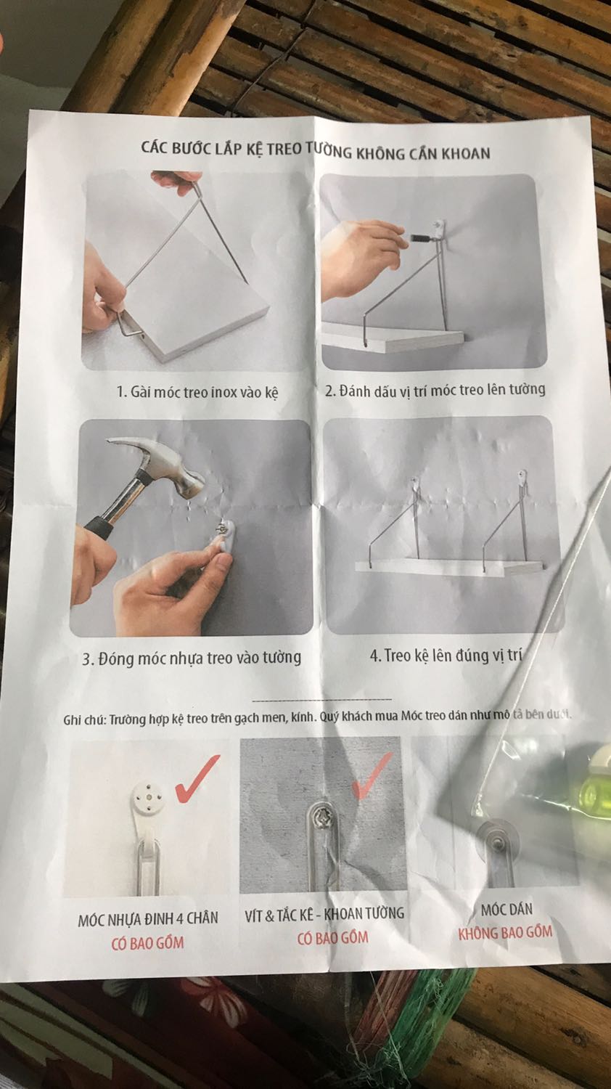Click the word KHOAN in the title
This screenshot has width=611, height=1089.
point(464,153)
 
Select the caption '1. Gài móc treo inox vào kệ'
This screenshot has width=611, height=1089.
point(197,392)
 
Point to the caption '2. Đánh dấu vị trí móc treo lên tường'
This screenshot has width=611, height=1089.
point(435,390)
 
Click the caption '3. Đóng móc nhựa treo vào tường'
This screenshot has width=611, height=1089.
point(192,658)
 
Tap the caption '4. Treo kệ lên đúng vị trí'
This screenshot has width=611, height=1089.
point(446,656)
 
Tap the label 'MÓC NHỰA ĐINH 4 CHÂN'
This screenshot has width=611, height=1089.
point(148,918)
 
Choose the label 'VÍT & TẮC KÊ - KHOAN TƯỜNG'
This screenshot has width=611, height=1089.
point(324,914)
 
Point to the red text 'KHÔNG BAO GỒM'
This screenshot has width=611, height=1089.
point(505,932)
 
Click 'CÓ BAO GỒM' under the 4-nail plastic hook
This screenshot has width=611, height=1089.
point(148,942)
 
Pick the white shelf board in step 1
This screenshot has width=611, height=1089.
point(194,287)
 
